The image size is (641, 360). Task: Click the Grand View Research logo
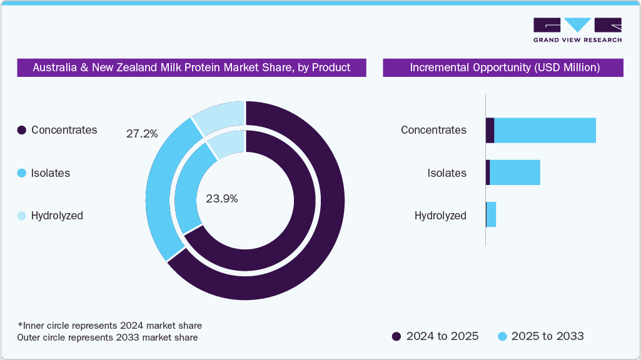[577, 30]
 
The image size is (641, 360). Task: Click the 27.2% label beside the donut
[142, 134]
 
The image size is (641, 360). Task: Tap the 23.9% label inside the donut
[221, 199]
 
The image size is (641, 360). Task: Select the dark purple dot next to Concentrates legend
[22, 130]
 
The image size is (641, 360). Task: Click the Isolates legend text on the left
[50, 173]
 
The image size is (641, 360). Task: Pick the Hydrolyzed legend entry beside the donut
[57, 216]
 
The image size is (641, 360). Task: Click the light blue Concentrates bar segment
[545, 130]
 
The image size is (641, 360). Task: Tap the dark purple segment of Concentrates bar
[490, 130]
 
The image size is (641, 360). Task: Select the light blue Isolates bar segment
[515, 172]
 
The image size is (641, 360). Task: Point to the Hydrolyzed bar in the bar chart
[491, 214]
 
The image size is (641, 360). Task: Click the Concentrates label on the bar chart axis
[433, 130]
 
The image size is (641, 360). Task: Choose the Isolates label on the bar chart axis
[447, 173]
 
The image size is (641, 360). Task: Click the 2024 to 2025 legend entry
[435, 336]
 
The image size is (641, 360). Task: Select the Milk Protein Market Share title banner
[191, 67]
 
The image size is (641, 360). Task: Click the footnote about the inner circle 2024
[109, 326]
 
